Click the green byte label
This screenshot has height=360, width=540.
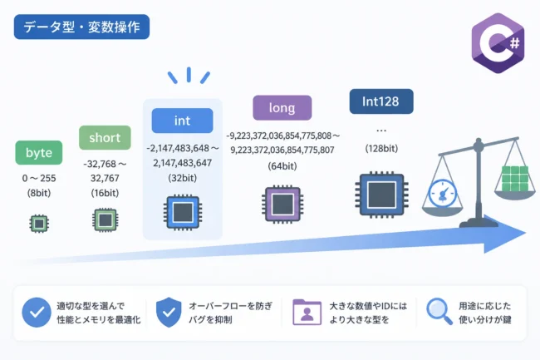(39, 153)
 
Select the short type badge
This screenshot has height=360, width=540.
(105, 138)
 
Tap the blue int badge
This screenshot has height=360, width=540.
(182, 121)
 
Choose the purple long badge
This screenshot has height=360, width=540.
(282, 108)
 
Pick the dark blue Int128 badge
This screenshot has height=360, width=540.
(381, 101)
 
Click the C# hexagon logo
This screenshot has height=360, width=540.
(498, 43)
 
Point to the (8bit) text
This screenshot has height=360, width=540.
(39, 193)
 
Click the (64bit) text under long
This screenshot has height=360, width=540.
(282, 166)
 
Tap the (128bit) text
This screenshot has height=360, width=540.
(381, 149)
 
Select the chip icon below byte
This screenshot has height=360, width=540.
(39, 224)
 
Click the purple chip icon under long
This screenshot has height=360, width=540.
(282, 205)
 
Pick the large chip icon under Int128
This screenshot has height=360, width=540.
(381, 195)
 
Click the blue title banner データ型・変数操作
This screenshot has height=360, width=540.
(81, 27)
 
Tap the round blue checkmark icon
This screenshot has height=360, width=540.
(37, 313)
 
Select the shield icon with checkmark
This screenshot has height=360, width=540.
(169, 312)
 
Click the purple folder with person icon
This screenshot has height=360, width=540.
(307, 312)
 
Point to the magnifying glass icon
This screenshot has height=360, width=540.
(439, 312)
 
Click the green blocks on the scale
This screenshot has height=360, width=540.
(515, 179)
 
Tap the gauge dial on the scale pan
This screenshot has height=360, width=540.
(443, 193)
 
